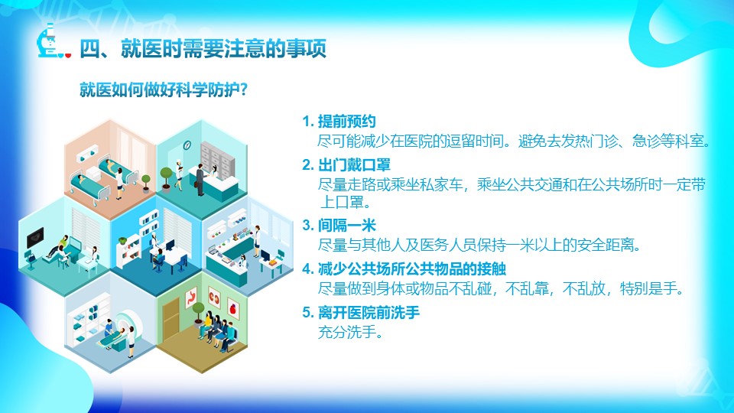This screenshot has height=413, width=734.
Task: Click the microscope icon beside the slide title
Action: [x=47, y=41]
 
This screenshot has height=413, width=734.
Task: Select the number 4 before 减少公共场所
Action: [x=307, y=269]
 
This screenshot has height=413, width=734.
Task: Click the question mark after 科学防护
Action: [x=243, y=89]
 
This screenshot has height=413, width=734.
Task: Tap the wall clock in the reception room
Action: [x=187, y=145]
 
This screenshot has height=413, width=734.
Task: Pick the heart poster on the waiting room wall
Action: [x=232, y=307]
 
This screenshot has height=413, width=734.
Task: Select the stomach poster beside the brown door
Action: [x=191, y=298]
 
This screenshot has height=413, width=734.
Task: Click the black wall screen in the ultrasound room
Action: [x=35, y=238]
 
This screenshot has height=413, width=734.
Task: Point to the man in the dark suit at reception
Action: [x=200, y=179]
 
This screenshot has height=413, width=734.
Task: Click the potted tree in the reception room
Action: [x=166, y=179]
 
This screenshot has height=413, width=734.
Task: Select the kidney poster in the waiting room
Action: [x=214, y=298]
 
